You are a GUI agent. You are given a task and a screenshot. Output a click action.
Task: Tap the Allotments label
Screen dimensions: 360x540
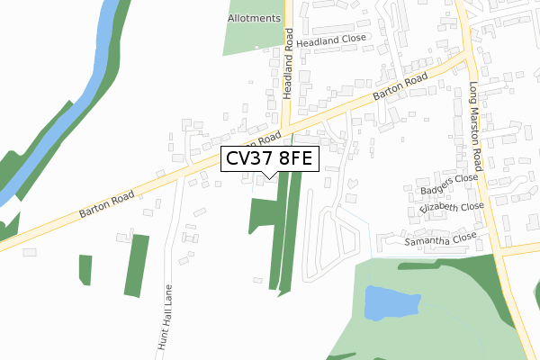[x=255, y=18]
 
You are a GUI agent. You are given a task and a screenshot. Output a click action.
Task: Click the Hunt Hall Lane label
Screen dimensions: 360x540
[x=166, y=319]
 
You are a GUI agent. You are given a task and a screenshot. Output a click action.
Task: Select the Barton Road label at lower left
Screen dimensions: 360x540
[x=106, y=203]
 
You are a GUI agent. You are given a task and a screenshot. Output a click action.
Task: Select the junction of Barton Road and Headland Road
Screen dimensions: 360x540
[x=286, y=127]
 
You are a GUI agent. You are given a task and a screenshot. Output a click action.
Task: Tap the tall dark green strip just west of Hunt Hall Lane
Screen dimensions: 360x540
[x=136, y=265]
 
